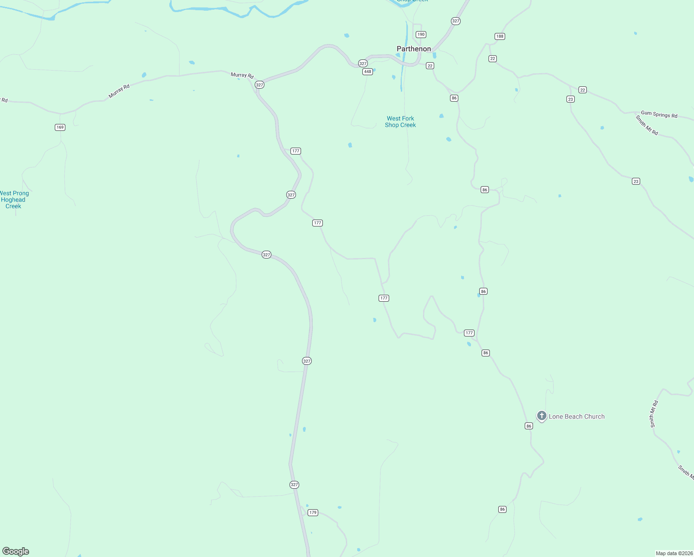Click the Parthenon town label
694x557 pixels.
point(413,49)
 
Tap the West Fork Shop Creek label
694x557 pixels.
point(400,122)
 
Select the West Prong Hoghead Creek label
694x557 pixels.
point(13,200)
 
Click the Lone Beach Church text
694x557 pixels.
point(577,416)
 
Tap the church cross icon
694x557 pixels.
point(541,415)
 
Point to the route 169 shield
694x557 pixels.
point(60,127)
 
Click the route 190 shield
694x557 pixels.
point(421,34)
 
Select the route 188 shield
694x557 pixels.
point(500,36)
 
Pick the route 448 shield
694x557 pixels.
point(367,71)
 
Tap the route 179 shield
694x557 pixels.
point(313,512)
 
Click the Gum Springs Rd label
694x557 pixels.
point(659,114)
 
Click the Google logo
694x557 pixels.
point(16,551)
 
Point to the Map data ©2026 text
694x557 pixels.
point(674,553)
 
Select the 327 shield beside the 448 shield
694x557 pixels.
point(363,63)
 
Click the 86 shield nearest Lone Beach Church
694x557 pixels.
point(529,426)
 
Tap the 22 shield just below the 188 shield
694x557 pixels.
point(493,58)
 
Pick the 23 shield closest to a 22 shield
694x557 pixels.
point(571,99)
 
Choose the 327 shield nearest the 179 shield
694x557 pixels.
point(294,485)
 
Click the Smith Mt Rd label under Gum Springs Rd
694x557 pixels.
point(647,125)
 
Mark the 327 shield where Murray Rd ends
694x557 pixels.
point(259,84)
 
